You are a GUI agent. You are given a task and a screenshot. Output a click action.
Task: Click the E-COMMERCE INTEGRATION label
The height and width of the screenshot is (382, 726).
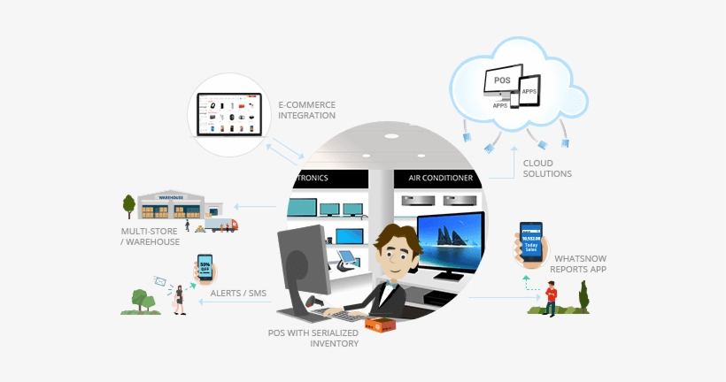[x=306, y=110]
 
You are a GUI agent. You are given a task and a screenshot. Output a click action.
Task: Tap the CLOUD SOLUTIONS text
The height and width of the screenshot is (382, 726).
[x=547, y=168]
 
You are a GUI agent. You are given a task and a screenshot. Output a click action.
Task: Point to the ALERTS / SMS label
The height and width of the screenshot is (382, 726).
[x=238, y=293]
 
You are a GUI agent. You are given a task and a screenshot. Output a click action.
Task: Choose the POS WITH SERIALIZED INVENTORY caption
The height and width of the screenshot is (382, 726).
[x=314, y=338]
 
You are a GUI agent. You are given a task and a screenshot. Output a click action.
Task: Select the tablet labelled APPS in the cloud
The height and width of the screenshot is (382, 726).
[x=529, y=92]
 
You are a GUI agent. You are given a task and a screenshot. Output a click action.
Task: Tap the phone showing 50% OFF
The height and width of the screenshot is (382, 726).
[x=205, y=267]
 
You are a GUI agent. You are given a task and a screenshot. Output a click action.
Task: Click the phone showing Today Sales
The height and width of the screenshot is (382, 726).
[x=531, y=240]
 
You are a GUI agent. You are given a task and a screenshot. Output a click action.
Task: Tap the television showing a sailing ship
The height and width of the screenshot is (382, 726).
[x=450, y=241]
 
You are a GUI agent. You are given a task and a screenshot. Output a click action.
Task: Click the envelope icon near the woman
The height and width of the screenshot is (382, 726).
[x=160, y=281]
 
